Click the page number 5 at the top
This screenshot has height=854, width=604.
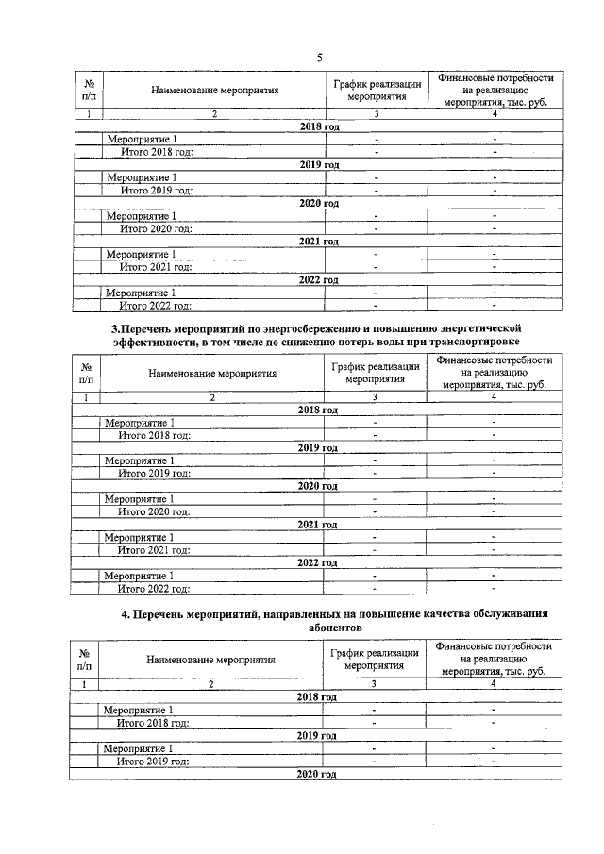pos(320,58)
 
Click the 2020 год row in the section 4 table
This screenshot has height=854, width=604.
pos(317,774)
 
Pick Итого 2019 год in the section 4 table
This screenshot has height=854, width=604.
pos(153,761)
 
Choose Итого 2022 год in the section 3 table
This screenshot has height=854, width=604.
pos(154,589)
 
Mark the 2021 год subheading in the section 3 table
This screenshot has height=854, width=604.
pos(317,524)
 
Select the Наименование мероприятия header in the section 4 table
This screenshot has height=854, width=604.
pos(210,660)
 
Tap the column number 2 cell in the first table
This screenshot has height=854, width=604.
pos(214,114)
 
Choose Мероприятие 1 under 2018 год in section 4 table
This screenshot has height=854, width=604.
pos(138,710)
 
